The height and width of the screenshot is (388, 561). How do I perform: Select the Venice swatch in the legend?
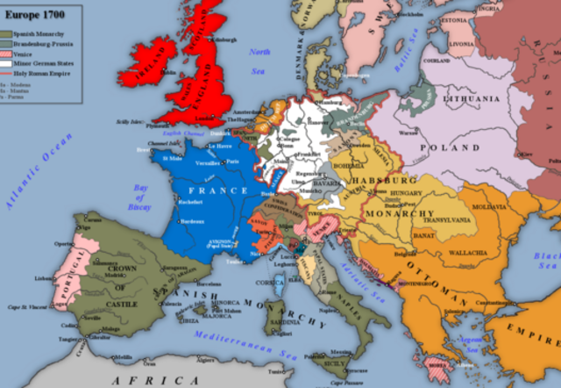(9, 52)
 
